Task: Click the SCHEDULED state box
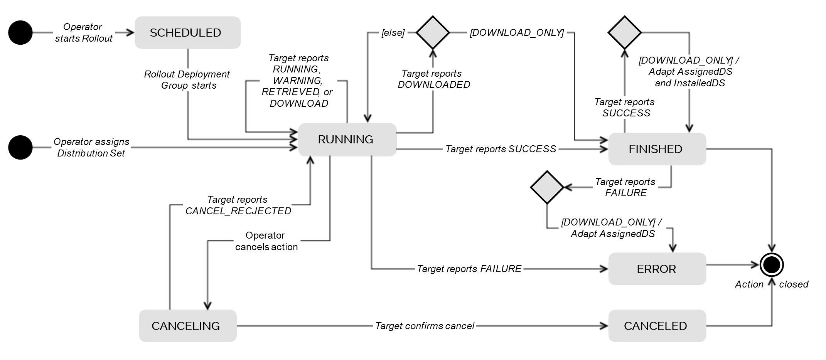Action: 187,33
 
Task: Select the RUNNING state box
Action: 347,140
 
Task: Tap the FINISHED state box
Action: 657,149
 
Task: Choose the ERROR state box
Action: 657,269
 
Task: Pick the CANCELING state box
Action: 187,326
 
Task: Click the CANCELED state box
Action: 657,326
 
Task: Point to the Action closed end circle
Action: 772,265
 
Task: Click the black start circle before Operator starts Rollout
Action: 20,33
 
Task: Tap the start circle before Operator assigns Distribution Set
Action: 20,147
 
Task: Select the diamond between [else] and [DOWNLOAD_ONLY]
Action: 433,33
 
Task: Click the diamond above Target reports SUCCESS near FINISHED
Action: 624,33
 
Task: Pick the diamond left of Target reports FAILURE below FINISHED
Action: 547,187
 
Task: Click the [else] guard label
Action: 393,33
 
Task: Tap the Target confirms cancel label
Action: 425,326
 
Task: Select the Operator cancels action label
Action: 266,241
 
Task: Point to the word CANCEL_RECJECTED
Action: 238,211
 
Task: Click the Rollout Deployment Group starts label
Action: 187,80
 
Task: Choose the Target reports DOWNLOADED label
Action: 433,79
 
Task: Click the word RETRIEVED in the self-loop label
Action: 290,92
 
